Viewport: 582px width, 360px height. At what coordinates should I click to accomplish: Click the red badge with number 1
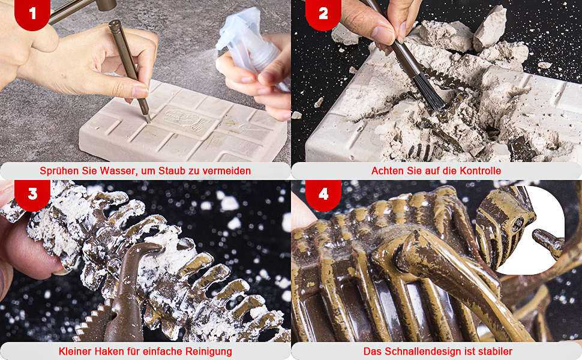pyautogui.click(x=32, y=13)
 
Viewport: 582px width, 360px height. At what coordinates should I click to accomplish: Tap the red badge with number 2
pyautogui.click(x=323, y=13)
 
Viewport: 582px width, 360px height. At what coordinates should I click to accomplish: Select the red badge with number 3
pyautogui.click(x=32, y=194)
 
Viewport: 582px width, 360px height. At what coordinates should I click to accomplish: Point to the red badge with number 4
pyautogui.click(x=323, y=194)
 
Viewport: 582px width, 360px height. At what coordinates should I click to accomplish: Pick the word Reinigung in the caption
pyautogui.click(x=209, y=352)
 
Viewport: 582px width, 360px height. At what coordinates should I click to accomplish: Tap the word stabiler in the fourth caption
pyautogui.click(x=494, y=351)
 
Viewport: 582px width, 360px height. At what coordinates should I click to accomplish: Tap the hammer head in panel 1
pyautogui.click(x=106, y=5)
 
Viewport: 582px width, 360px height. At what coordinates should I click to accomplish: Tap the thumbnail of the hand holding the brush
pyautogui.click(x=383, y=35)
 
